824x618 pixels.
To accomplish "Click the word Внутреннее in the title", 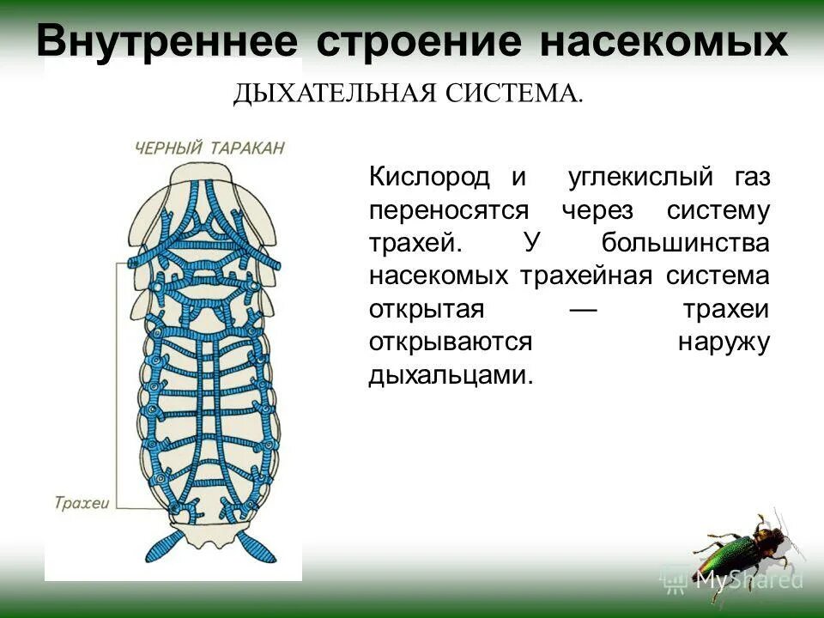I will point(167,40).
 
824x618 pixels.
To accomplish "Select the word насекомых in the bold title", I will point(663,40).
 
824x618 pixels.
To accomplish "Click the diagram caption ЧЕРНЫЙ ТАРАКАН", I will point(209,148).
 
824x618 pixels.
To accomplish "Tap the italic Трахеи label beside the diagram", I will point(82,503).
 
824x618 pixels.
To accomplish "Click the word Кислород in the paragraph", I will point(429,178).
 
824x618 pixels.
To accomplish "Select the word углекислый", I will point(640,178).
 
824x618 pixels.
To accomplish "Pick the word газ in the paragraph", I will point(751,178).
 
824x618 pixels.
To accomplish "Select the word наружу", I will point(724,342).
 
